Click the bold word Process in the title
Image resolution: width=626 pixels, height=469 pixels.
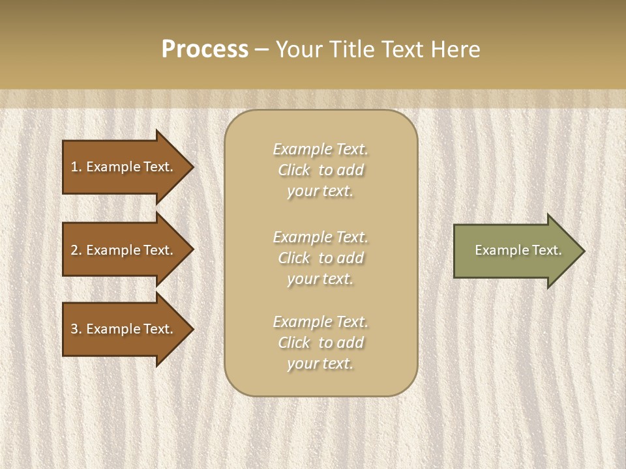[x=205, y=50]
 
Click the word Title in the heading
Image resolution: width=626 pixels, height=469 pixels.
[x=350, y=50]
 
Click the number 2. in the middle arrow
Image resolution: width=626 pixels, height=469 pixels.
[x=76, y=250]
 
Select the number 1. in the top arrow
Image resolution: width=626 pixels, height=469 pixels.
[x=76, y=167]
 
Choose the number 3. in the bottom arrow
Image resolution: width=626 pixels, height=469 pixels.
[x=76, y=329]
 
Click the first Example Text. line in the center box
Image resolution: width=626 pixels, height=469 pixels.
[x=320, y=149]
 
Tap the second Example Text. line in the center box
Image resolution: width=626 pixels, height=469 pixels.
[x=320, y=237]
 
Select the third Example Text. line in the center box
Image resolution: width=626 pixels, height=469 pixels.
[x=320, y=322]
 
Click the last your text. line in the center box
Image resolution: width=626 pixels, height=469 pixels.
[x=320, y=364]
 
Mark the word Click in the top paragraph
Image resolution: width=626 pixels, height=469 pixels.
[x=294, y=170]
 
